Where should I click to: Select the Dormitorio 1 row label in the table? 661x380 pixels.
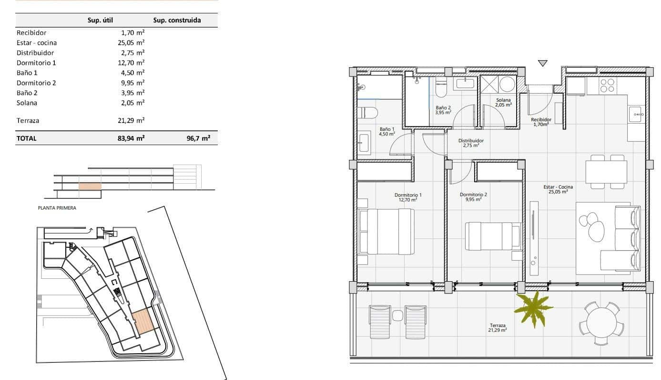click(x=36, y=63)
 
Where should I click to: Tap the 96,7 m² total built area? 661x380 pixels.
click(x=199, y=138)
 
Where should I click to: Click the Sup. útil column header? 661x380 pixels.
click(x=100, y=20)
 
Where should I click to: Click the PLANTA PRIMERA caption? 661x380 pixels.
click(x=57, y=208)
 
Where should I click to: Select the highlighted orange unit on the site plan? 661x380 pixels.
click(x=142, y=321)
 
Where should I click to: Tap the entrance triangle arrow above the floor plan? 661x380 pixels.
click(x=542, y=63)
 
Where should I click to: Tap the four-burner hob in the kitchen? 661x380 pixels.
click(x=607, y=85)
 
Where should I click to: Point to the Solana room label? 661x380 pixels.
click(x=503, y=100)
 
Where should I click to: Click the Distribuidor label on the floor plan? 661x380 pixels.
click(x=471, y=141)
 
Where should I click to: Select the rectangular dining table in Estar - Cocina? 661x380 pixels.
click(x=606, y=172)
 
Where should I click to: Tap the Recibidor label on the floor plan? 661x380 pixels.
click(x=541, y=120)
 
